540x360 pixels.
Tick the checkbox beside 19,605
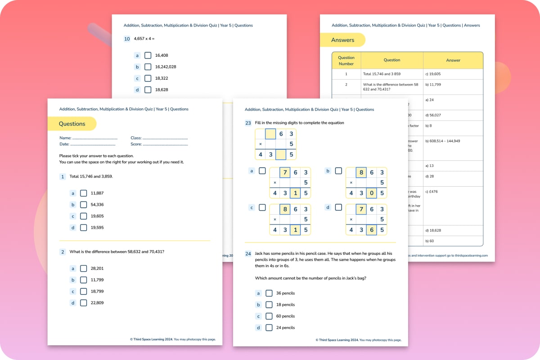pyautogui.click(x=83, y=216)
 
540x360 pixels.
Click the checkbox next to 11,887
pyautogui.click(x=83, y=193)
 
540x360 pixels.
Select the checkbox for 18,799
pyautogui.click(x=83, y=291)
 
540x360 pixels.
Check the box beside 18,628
pyautogui.click(x=148, y=90)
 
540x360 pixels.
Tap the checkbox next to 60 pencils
pyautogui.click(x=269, y=316)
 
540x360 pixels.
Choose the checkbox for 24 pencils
pyautogui.click(x=269, y=328)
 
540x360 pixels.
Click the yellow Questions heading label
pyautogui.click(x=72, y=124)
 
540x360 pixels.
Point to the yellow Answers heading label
pyautogui.click(x=342, y=40)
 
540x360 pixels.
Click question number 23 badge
pyautogui.click(x=248, y=123)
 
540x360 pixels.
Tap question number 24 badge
pyautogui.click(x=248, y=254)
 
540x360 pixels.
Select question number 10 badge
pyautogui.click(x=127, y=39)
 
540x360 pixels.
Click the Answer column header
pyautogui.click(x=453, y=60)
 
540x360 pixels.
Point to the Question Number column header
pyautogui.click(x=346, y=60)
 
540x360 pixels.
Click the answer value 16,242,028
pyautogui.click(x=166, y=67)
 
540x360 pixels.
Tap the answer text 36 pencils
pyautogui.click(x=285, y=293)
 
